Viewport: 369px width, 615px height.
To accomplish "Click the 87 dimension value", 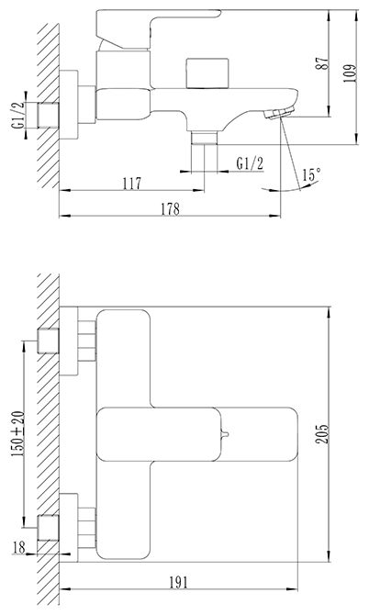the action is click(x=323, y=62).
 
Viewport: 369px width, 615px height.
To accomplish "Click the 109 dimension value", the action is click(x=350, y=73).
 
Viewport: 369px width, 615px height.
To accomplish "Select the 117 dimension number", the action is click(x=132, y=184).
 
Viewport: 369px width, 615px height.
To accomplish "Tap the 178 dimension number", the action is click(x=170, y=208).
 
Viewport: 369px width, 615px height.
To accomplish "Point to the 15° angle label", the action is click(x=312, y=174).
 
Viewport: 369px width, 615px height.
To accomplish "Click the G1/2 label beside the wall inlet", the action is click(x=17, y=115).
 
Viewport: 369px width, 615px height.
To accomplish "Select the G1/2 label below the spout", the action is click(x=250, y=163).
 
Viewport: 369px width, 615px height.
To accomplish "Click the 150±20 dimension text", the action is click(x=17, y=434).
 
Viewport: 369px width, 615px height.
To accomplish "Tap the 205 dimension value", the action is click(x=323, y=433).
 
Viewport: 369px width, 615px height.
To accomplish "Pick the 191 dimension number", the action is click(x=178, y=583).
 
